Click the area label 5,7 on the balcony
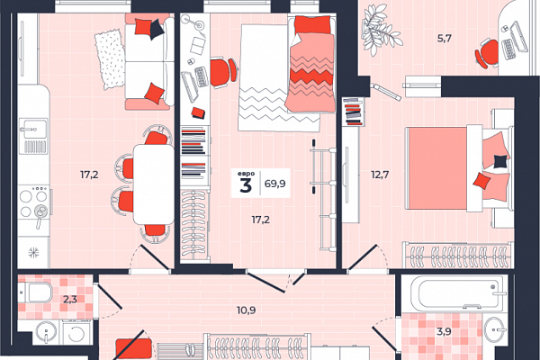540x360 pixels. (445, 38)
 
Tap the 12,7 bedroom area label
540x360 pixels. (380, 175)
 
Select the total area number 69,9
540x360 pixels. (274, 184)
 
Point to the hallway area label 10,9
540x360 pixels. (247, 310)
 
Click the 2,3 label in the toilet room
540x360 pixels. (70, 299)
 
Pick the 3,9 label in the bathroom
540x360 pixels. (444, 332)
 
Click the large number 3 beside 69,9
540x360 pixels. (246, 186)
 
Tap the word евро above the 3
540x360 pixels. (246, 174)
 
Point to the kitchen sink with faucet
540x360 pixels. (33, 129)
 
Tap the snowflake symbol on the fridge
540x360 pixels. (33, 253)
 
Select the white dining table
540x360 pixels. (154, 184)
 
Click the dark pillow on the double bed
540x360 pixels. (500, 161)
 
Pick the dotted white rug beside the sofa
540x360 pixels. (110, 59)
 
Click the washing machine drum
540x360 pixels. (76, 334)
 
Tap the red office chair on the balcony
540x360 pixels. (487, 53)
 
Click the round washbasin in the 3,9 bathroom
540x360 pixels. (495, 329)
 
